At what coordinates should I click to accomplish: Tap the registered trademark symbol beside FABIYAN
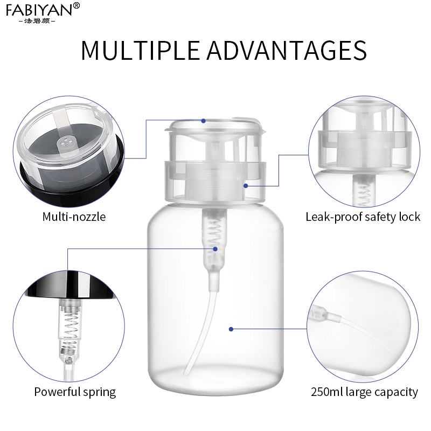[x=77, y=5]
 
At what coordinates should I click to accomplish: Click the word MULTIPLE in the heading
[x=140, y=50]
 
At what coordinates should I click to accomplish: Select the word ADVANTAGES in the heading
[x=287, y=50]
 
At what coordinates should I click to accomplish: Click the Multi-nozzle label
[x=74, y=217]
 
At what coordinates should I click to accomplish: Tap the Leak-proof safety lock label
[x=363, y=217]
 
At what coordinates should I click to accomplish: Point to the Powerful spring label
[x=75, y=392]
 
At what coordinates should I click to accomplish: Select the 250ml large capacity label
[x=364, y=392]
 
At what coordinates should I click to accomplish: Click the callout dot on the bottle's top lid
[x=204, y=121]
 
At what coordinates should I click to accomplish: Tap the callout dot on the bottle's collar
[x=246, y=186]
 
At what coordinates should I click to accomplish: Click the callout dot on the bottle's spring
[x=215, y=249]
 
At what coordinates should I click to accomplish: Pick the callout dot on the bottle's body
[x=231, y=329]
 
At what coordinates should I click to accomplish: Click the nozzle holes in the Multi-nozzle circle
[x=66, y=141]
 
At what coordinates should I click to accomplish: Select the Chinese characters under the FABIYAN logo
[x=37, y=21]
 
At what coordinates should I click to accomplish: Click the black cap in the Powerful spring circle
[x=69, y=285]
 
